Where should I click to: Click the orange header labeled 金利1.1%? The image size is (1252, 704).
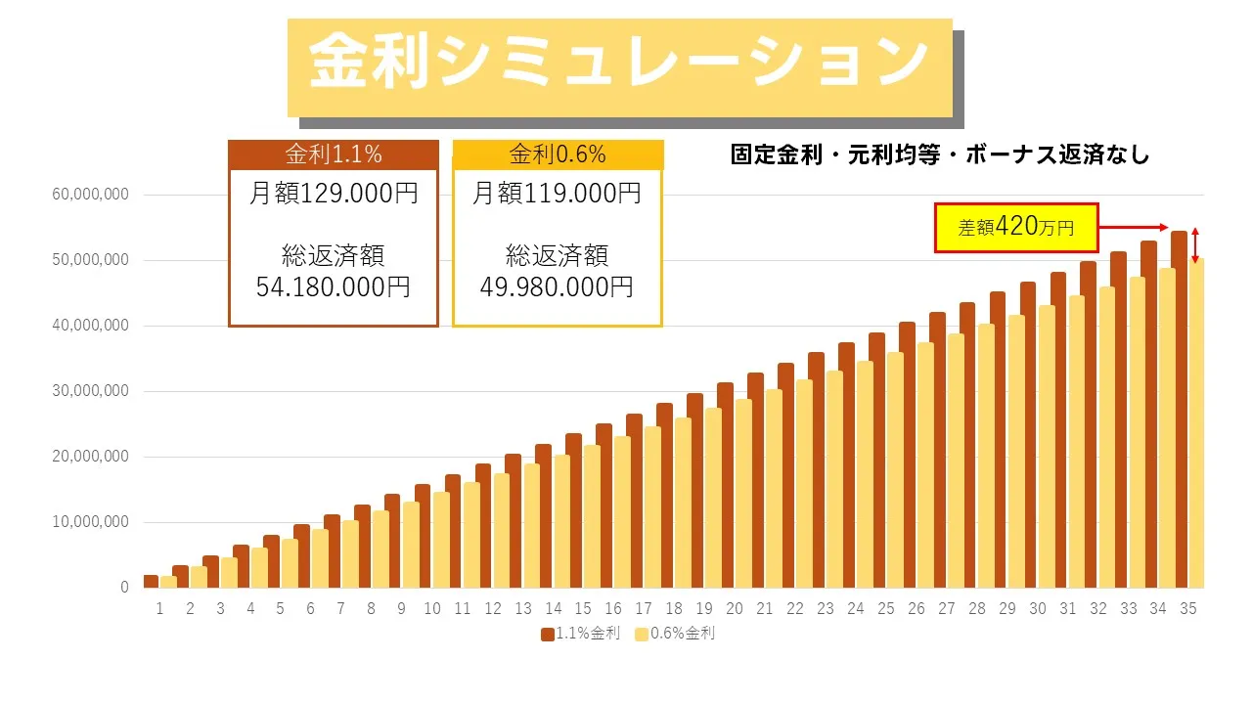click(333, 154)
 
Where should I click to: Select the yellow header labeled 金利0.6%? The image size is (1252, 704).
click(558, 154)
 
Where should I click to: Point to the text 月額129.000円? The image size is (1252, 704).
click(333, 194)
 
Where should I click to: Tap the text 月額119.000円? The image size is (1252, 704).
click(557, 194)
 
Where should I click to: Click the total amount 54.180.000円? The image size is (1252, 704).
click(333, 287)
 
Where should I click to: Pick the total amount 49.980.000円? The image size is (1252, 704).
click(557, 287)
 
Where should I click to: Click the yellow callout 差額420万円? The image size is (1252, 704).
click(1016, 228)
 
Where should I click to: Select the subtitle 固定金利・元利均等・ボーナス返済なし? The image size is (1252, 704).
click(939, 154)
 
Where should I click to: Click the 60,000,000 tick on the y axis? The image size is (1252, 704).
click(90, 195)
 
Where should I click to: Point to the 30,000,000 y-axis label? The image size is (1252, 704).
click(90, 391)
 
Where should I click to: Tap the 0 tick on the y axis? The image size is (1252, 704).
click(124, 588)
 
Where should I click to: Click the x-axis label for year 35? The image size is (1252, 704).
click(1188, 608)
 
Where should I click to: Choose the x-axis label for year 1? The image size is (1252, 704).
click(159, 608)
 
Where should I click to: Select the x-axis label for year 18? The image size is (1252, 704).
click(674, 608)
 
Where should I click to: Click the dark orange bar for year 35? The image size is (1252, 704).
click(1179, 411)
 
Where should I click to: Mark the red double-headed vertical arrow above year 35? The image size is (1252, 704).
click(1194, 245)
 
